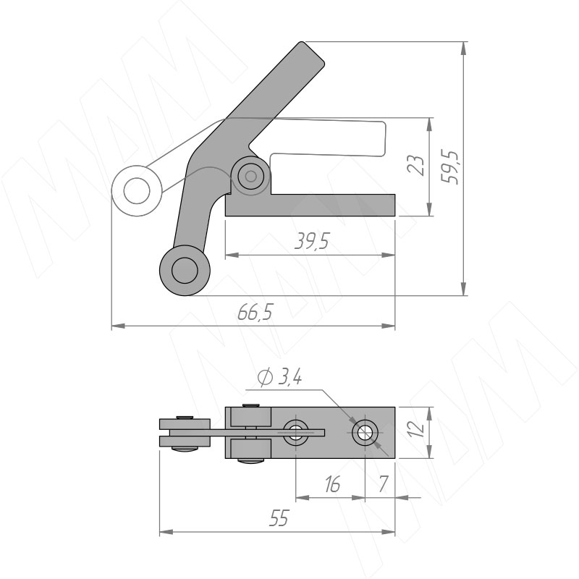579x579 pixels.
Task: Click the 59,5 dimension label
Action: pyautogui.click(x=451, y=168)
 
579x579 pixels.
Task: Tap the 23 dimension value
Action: pyautogui.click(x=415, y=164)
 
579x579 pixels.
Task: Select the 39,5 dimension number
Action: pyautogui.click(x=311, y=241)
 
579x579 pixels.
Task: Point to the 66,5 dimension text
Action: pyautogui.click(x=255, y=313)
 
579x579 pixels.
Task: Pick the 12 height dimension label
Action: pyautogui.click(x=417, y=429)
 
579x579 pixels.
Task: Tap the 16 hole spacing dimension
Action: pyautogui.click(x=332, y=484)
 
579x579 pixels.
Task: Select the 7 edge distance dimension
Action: pyautogui.click(x=384, y=484)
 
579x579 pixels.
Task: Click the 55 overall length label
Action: pyautogui.click(x=279, y=518)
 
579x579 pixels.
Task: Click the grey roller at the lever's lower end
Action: pyautogui.click(x=185, y=270)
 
